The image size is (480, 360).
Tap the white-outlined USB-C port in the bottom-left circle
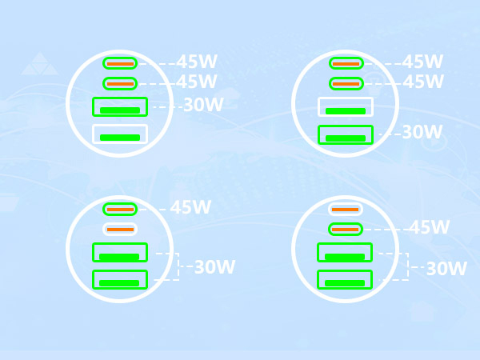pos(120,230)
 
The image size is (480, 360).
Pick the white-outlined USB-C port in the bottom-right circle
pos(346,210)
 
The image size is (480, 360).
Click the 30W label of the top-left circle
pos(203,105)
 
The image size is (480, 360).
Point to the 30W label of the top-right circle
pos(422,132)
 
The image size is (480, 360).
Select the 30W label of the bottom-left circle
pos(214,267)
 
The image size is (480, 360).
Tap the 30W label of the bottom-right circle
pos(446,269)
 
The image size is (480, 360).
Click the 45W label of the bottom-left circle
pos(190,207)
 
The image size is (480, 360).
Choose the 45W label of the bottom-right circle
pos(430,227)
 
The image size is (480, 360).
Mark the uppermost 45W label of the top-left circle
pos(197,62)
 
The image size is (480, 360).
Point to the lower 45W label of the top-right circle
pos(423,82)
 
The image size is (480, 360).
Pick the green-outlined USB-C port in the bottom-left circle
pos(120,210)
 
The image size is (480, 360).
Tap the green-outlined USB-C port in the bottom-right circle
pos(346,230)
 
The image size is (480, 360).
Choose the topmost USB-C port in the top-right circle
pos(346,64)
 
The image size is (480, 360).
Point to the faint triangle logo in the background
pos(40,64)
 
